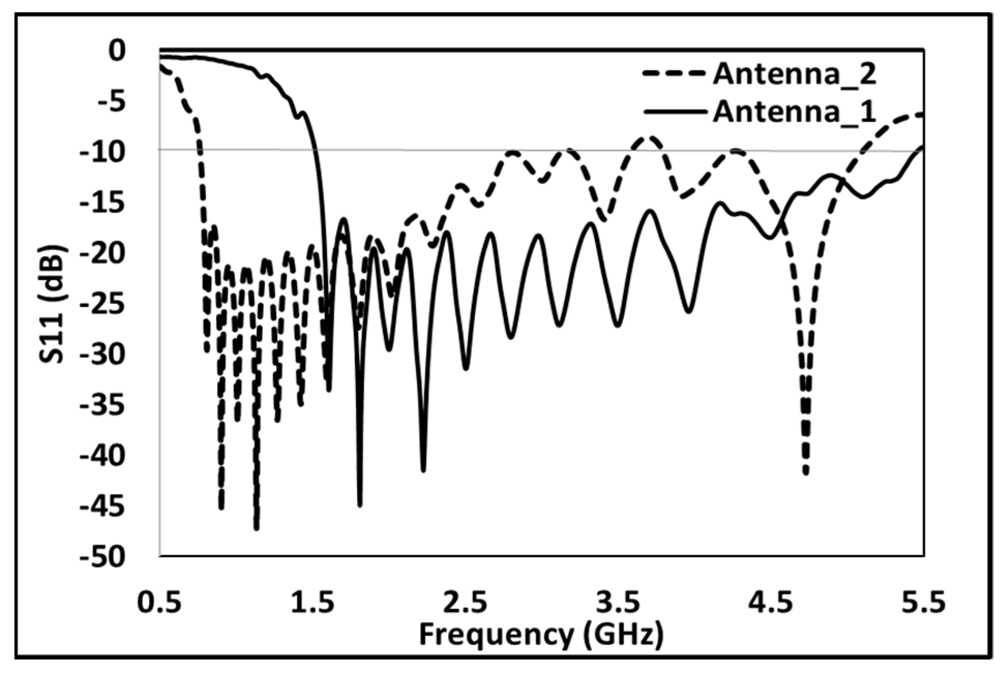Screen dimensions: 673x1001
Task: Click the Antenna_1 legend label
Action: (x=794, y=112)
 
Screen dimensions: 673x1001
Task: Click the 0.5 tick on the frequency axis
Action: (x=159, y=603)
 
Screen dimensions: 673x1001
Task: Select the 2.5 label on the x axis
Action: (x=465, y=603)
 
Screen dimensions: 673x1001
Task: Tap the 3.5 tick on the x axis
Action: (x=618, y=603)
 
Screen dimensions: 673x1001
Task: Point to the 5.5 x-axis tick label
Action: (x=923, y=603)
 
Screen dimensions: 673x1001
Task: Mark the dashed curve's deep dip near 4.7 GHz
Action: (x=805, y=470)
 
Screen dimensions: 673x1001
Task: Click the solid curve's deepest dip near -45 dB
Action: (x=360, y=504)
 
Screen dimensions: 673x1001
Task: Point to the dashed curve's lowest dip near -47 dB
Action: (x=257, y=527)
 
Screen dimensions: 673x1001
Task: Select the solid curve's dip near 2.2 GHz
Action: (x=424, y=469)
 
